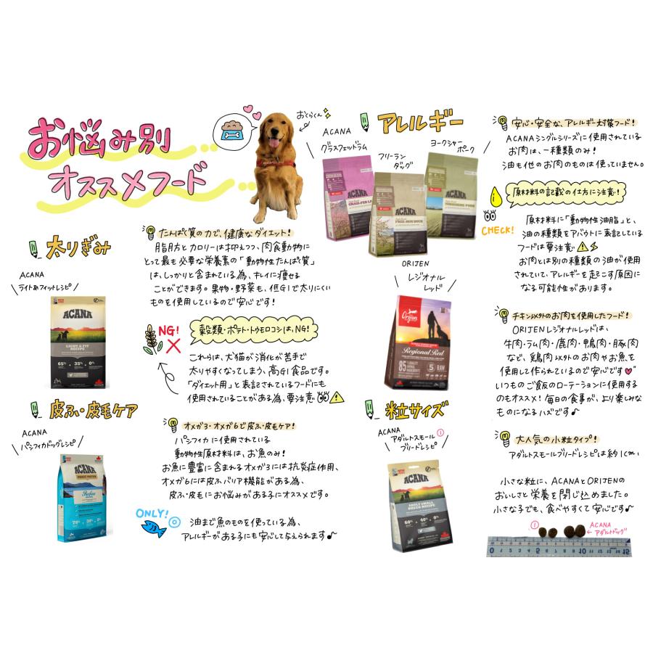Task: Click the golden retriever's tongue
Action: point(274,144)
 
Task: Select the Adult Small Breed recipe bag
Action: point(414,507)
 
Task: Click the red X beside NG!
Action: point(173,345)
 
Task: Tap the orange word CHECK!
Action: point(497,231)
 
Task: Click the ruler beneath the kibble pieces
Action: point(559,546)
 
